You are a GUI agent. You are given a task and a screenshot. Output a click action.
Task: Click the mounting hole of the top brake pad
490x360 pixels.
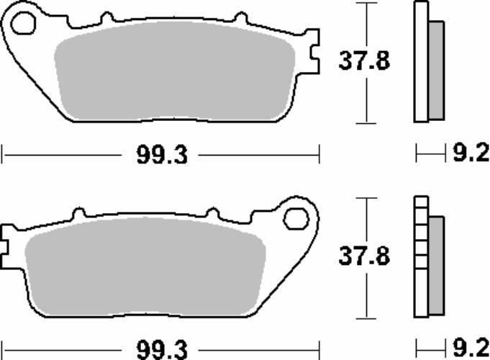click(x=23, y=23)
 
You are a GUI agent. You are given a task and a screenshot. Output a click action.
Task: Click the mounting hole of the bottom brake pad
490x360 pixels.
click(x=296, y=219)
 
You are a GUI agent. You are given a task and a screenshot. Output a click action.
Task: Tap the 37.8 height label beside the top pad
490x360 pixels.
click(x=364, y=60)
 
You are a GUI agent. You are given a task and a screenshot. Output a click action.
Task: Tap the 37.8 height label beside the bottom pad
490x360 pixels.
click(x=364, y=256)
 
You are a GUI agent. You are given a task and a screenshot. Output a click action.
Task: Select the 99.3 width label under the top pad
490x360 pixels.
click(x=162, y=155)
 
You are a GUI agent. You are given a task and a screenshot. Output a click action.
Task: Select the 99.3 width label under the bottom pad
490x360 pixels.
click(x=162, y=350)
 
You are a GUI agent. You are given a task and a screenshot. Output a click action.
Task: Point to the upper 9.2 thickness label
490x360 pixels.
click(x=471, y=153)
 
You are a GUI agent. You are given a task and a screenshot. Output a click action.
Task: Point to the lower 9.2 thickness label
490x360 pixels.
click(x=471, y=348)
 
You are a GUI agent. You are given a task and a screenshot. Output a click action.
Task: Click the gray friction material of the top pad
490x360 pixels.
click(x=174, y=71)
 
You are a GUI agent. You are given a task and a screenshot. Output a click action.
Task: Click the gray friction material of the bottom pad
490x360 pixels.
click(x=145, y=266)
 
